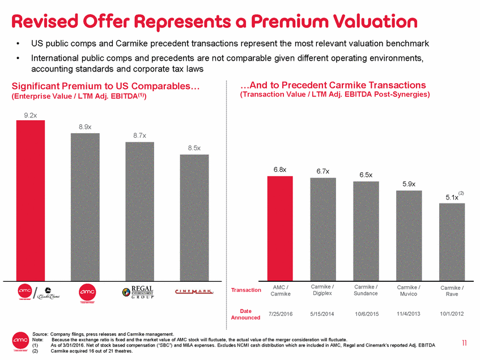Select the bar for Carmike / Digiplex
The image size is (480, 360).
(323, 229)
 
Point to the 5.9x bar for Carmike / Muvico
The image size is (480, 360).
(409, 235)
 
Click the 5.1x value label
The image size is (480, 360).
(452, 197)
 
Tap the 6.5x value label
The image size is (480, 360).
(366, 175)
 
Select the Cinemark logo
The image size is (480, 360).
(194, 291)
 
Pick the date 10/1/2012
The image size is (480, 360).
(452, 313)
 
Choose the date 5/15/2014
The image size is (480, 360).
(322, 313)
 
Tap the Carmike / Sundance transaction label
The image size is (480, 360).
(366, 290)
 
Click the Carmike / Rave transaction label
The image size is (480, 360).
(452, 290)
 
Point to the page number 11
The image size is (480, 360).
(464, 342)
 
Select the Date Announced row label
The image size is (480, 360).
(245, 314)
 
